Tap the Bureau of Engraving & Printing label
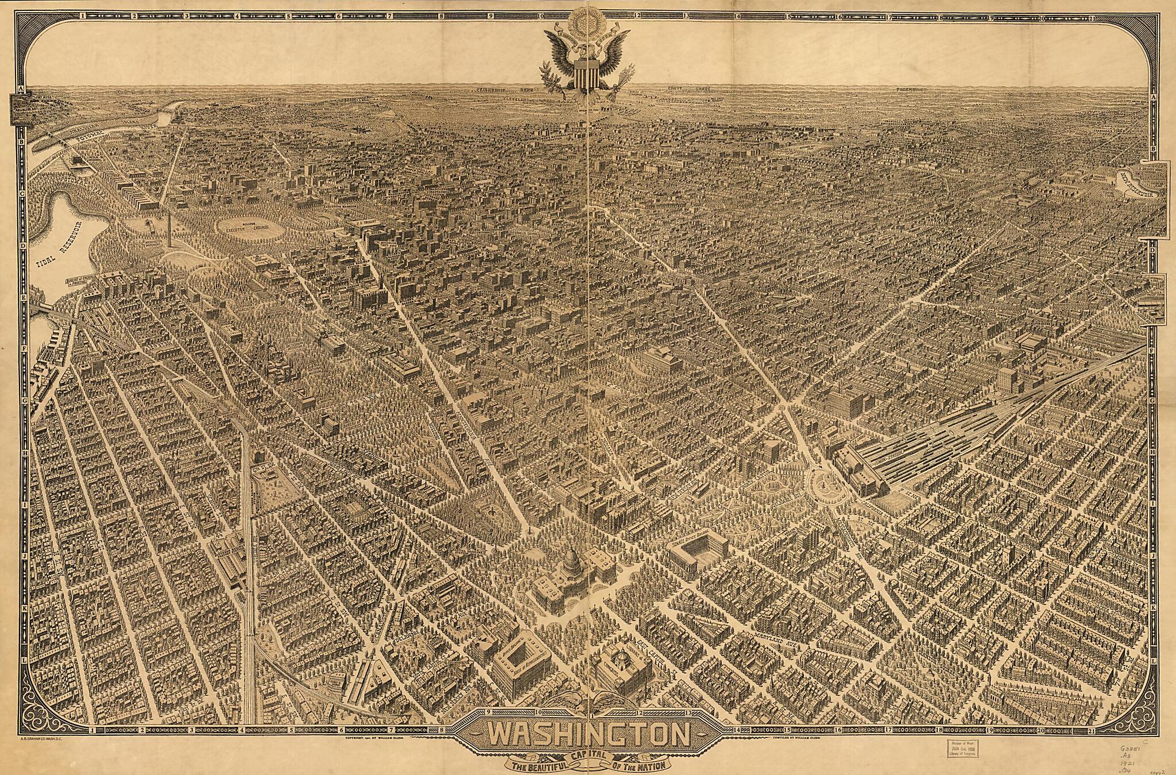[x=80, y=281]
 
